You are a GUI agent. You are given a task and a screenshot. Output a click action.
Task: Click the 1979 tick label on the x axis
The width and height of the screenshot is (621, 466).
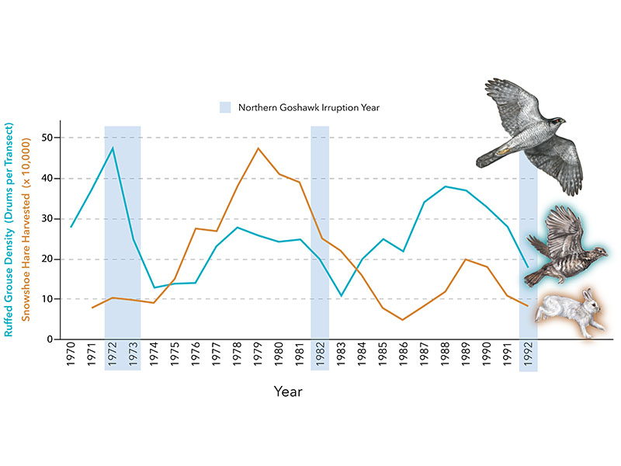[258, 354]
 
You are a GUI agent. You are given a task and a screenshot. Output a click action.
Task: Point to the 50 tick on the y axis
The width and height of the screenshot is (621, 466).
[47, 137]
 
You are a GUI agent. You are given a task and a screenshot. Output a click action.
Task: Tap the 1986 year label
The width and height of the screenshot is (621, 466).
[403, 354]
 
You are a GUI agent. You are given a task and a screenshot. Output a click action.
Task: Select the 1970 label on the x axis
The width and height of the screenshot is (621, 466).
[71, 354]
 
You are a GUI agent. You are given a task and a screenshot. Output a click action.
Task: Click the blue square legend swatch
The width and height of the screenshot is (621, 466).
[225, 107]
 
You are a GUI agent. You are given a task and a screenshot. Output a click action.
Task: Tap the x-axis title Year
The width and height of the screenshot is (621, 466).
[288, 391]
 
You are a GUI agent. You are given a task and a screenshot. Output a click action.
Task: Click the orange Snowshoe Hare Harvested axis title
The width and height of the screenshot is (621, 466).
[26, 229]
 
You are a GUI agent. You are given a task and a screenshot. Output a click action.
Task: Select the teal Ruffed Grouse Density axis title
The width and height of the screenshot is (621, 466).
[9, 230]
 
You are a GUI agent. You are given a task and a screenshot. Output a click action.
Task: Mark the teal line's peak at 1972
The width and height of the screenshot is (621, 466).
[113, 148]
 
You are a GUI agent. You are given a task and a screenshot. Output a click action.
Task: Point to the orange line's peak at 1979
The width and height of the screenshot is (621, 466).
[258, 148]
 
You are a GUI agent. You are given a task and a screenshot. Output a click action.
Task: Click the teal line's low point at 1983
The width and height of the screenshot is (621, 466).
[341, 296]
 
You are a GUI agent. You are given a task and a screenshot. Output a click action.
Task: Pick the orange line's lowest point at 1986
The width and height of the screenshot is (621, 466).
[402, 320]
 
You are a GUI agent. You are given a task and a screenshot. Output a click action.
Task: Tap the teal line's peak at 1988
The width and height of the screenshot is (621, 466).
[445, 186]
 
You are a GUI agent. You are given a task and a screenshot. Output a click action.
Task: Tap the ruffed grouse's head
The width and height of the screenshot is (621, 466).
[600, 252]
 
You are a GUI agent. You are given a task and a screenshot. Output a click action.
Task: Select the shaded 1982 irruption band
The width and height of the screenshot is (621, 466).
[320, 248]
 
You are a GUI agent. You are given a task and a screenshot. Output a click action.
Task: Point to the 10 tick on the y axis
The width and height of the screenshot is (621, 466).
[47, 299]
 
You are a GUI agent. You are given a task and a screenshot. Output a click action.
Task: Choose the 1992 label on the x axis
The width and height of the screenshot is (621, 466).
[529, 354]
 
